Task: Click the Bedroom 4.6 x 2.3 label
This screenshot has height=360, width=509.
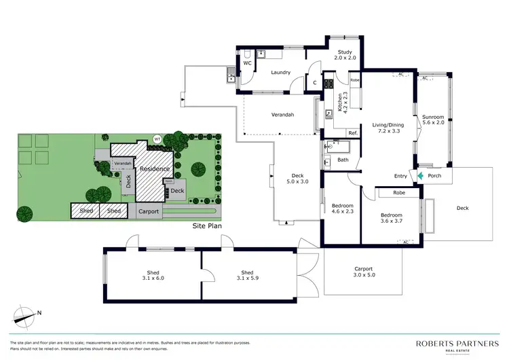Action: click(x=340, y=209)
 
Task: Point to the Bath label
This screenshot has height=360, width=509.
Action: click(x=343, y=160)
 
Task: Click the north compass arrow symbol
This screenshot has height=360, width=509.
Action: click(x=26, y=315)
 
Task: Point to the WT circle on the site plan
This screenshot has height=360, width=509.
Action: click(x=157, y=139)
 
